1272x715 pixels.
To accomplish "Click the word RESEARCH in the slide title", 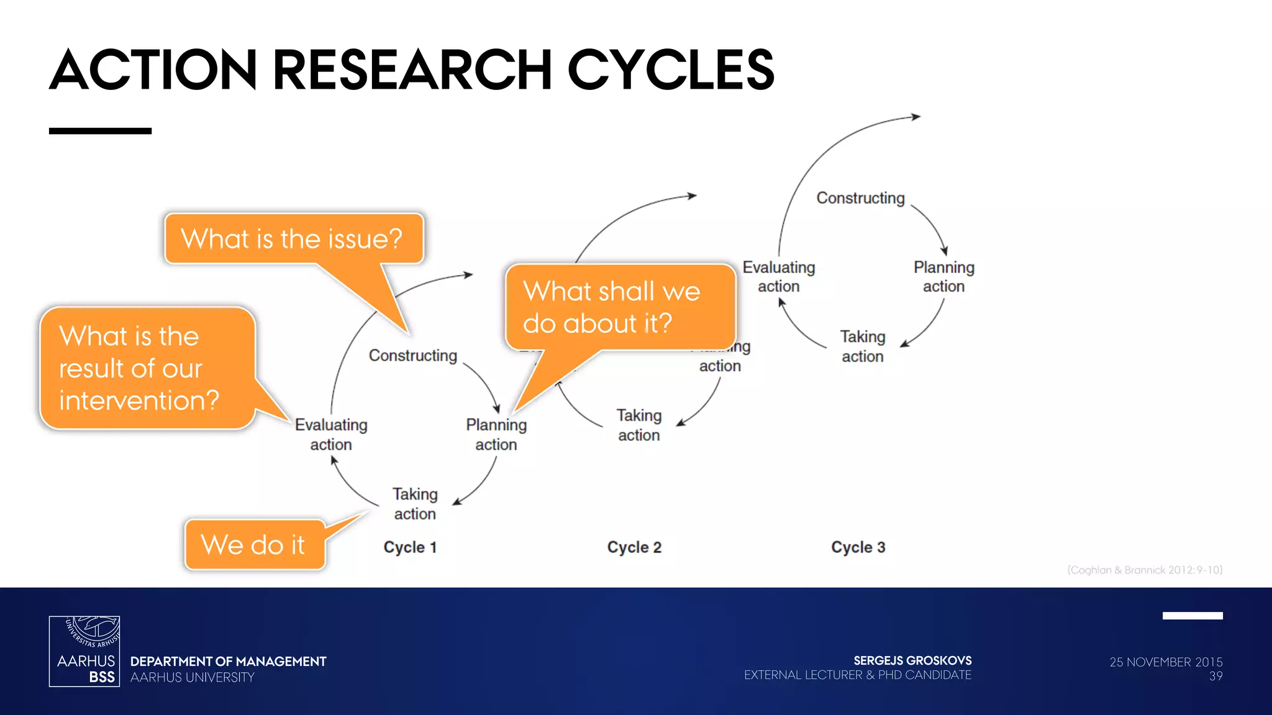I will pyautogui.click(x=411, y=70).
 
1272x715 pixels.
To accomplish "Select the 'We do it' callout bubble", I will pyautogui.click(x=254, y=545).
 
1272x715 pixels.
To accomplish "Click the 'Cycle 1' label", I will pyautogui.click(x=410, y=547).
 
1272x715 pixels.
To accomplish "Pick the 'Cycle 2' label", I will pyautogui.click(x=634, y=547).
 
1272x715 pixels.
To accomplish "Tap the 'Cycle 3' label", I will pyautogui.click(x=858, y=547).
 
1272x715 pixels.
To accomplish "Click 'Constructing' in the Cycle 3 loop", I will pyautogui.click(x=860, y=198).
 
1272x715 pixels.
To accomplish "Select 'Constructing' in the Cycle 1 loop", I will pyautogui.click(x=413, y=356).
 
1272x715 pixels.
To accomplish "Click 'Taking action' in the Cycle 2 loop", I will pyautogui.click(x=639, y=425).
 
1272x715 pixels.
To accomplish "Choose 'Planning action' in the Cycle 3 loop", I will pyautogui.click(x=943, y=277).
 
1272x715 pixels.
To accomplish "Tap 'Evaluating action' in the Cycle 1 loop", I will pyautogui.click(x=331, y=434).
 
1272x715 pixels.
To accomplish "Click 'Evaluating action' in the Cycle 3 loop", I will pyautogui.click(x=779, y=277).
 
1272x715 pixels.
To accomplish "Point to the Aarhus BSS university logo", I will pyautogui.click(x=84, y=651).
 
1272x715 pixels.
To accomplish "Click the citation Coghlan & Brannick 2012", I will pyautogui.click(x=1144, y=570).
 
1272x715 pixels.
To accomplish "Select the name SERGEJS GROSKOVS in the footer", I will pyautogui.click(x=912, y=660).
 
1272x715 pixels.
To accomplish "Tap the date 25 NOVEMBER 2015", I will pyautogui.click(x=1165, y=662).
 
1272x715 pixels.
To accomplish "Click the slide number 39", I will pyautogui.click(x=1215, y=677).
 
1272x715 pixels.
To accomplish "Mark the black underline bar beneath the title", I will pyautogui.click(x=100, y=131).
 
